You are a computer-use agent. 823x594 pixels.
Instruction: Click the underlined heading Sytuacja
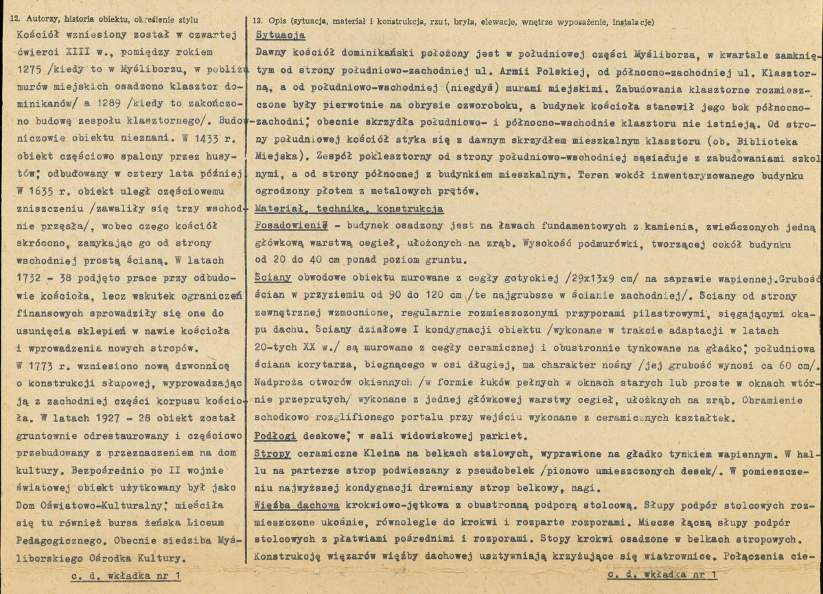pos(279,36)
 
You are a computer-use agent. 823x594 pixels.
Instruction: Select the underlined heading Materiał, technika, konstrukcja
pos(348,209)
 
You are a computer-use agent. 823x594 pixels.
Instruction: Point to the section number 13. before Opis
pos(259,21)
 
